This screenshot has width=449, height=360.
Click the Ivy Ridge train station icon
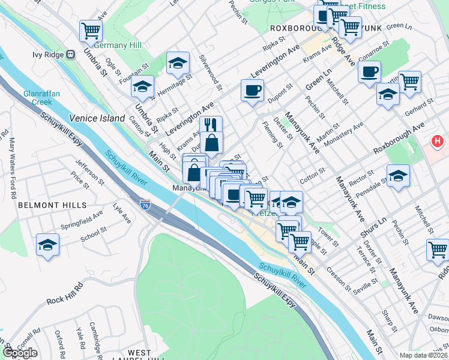coord(71,53)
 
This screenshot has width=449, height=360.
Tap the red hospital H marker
coord(438,143)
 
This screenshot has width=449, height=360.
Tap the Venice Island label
coord(97,118)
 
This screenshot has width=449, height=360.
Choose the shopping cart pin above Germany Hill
coord(91,30)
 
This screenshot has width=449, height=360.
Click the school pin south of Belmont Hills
coord(47,245)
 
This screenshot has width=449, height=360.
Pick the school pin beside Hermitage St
coord(178,62)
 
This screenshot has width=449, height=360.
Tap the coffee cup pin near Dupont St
coord(252,90)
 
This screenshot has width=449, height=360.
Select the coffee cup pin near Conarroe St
coord(369,72)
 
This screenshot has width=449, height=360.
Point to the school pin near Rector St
coord(397,176)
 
